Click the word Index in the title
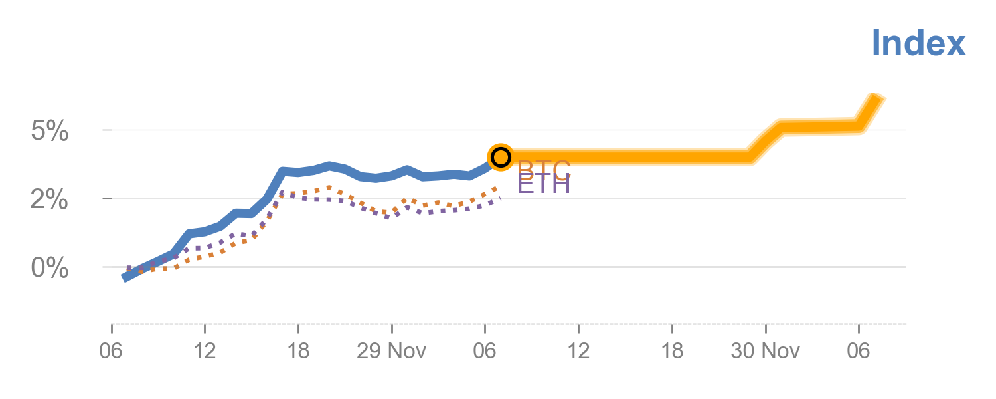[918, 43]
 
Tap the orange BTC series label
[544, 170]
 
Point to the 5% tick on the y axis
[50, 132]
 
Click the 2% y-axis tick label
[50, 199]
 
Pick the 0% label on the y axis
[50, 269]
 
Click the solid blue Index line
[266, 199]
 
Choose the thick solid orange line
[631, 158]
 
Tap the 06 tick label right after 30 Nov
[859, 351]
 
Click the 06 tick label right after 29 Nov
[485, 351]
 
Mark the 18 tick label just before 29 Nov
[298, 351]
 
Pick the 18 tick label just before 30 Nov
[672, 351]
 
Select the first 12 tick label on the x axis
[205, 351]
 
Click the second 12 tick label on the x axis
[579, 351]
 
